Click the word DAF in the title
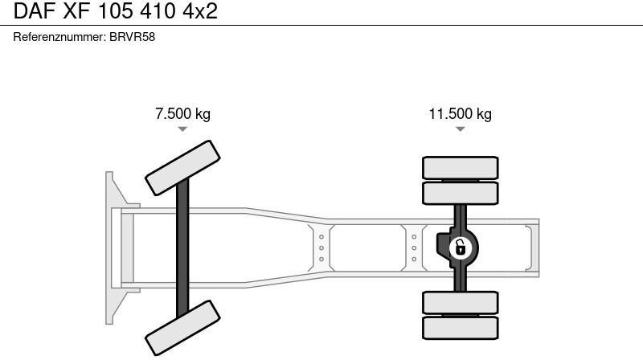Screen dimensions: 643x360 click(x=35, y=11)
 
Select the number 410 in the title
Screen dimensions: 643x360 click(x=158, y=11)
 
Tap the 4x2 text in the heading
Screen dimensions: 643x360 click(x=200, y=11)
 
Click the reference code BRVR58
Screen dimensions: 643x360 click(x=132, y=37)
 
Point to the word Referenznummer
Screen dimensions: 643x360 click(x=59, y=37)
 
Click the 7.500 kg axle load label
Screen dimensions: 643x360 click(x=182, y=113)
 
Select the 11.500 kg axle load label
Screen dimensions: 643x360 click(x=460, y=113)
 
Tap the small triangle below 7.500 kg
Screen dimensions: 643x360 click(x=182, y=129)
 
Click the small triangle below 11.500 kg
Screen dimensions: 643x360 click(x=460, y=129)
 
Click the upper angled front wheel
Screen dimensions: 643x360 click(x=182, y=168)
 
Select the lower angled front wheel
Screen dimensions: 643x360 click(x=182, y=328)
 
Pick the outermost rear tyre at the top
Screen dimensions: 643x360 click(x=460, y=168)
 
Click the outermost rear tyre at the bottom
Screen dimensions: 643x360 click(x=460, y=328)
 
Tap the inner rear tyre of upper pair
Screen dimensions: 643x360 click(x=460, y=193)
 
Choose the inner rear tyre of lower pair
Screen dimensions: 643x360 click(x=460, y=303)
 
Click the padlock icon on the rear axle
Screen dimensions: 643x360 click(x=460, y=248)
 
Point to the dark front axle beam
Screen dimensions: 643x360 click(x=182, y=248)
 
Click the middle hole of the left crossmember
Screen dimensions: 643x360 click(x=321, y=248)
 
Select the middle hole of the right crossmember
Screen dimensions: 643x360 click(x=414, y=248)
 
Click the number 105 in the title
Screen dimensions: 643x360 click(x=116, y=11)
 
